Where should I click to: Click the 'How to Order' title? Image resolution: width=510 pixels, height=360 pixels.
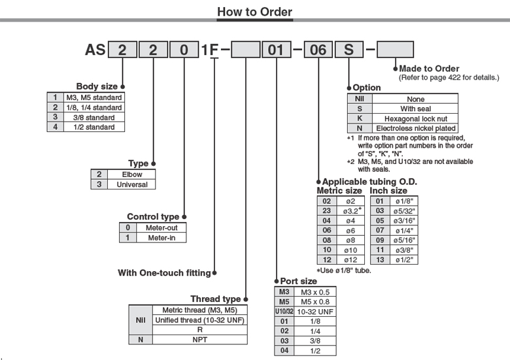[x=254, y=12]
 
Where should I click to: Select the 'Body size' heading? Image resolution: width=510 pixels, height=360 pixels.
[x=97, y=86]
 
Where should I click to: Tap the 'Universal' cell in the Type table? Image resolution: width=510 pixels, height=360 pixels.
[x=132, y=184]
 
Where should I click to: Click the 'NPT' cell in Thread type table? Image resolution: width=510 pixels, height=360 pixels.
[x=199, y=339]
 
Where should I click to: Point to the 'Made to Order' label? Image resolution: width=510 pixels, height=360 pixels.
[x=429, y=69]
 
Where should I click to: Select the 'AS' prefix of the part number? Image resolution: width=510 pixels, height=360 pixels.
[x=95, y=49]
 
